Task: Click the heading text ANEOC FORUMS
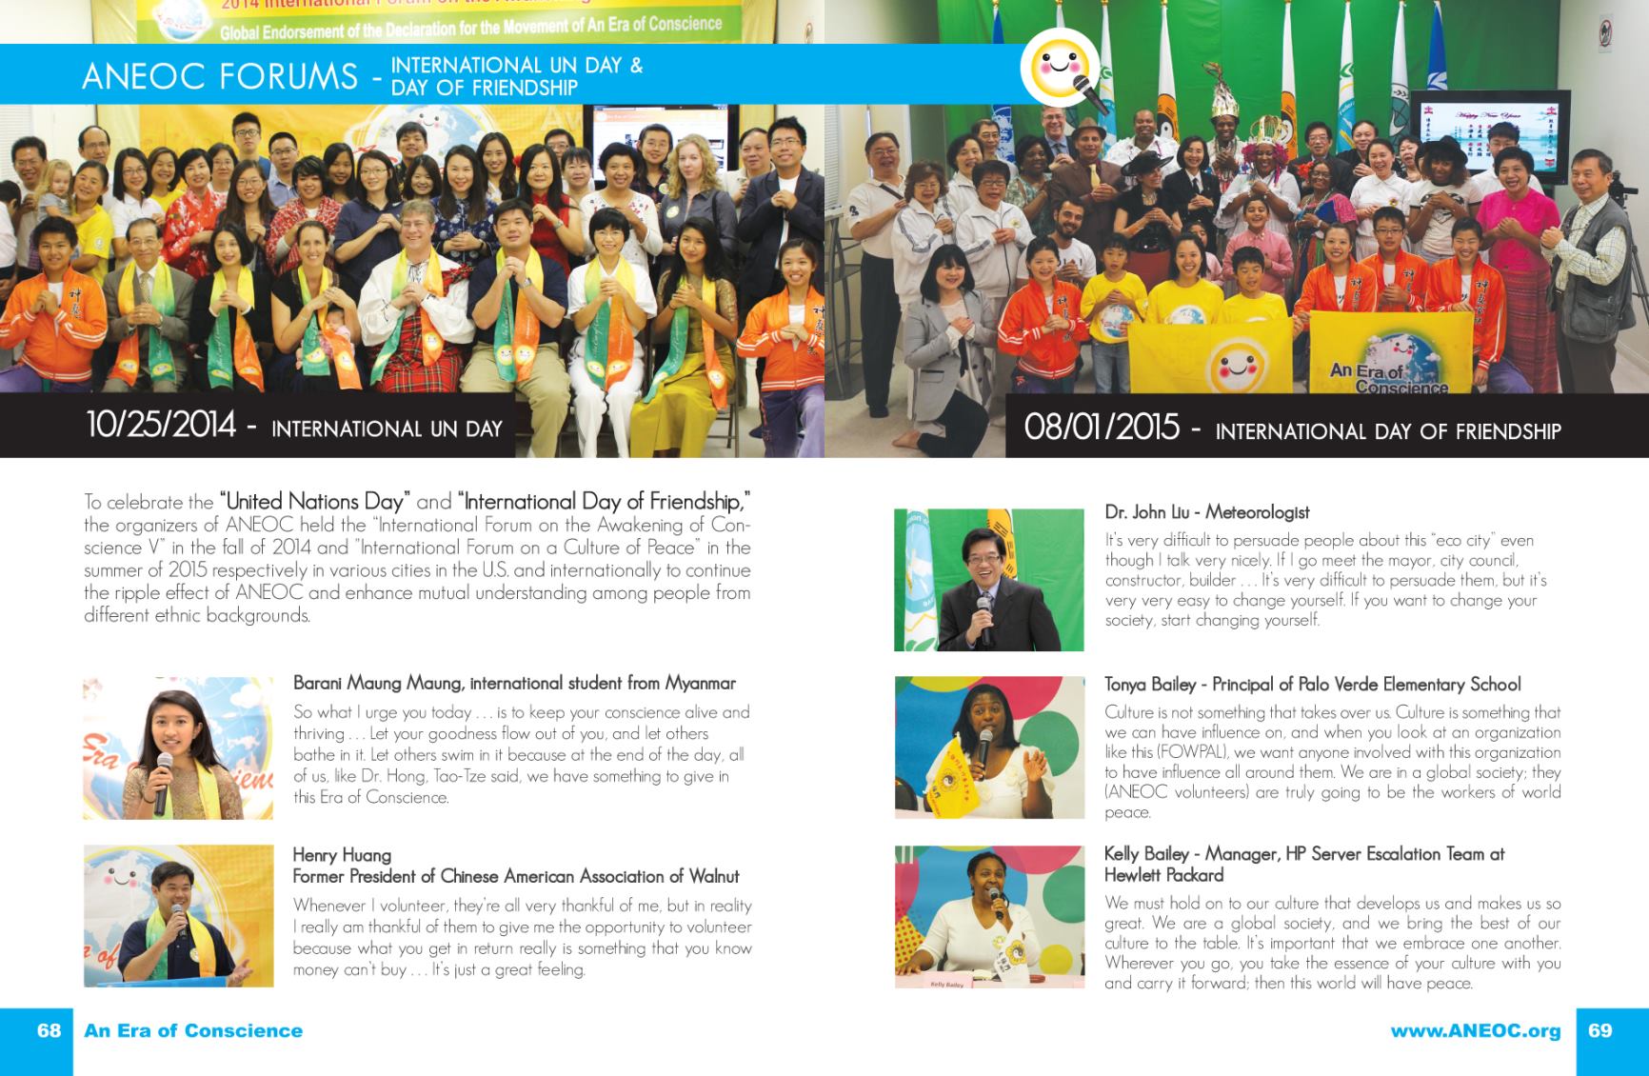(220, 76)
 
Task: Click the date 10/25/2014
(161, 426)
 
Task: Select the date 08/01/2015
(1102, 428)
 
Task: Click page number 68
(49, 1031)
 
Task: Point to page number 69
(1599, 1031)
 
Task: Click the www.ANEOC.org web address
(1475, 1031)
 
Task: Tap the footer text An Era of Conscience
(193, 1031)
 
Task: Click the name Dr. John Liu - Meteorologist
(1206, 512)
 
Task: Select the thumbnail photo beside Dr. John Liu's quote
(988, 580)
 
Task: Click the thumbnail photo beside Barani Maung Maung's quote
(178, 748)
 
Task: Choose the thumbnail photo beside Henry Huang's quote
(178, 916)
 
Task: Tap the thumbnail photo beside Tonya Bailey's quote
(989, 747)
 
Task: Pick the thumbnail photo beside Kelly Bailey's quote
(989, 917)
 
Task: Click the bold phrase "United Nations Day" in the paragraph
(315, 501)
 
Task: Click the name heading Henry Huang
(342, 855)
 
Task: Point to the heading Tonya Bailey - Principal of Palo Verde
(1312, 684)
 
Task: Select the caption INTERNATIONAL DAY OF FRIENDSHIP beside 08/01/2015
(1387, 431)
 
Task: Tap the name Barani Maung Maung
(376, 683)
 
